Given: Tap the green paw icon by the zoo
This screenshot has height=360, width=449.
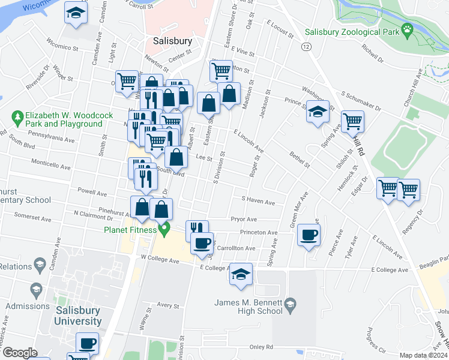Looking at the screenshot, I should tap(408, 28).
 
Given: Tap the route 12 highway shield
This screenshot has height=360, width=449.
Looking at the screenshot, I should tap(307, 47).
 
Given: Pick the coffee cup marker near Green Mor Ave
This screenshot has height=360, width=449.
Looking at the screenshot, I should tap(309, 235).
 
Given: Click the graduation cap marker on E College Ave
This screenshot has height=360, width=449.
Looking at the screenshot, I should tap(241, 274).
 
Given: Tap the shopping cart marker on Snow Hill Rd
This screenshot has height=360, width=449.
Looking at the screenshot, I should tap(352, 121).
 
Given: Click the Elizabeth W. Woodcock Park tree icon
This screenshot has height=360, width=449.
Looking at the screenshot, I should tap(17, 115).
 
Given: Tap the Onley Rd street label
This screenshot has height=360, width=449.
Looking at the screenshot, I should tap(261, 347).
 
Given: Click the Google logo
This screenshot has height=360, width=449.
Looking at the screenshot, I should tap(20, 353).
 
